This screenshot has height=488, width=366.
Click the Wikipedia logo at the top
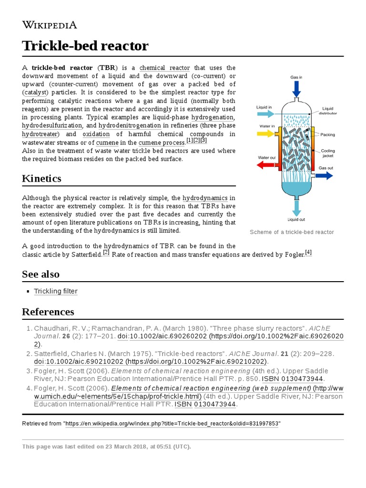50,25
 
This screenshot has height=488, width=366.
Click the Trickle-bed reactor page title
85,46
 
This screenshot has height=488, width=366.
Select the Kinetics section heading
41,179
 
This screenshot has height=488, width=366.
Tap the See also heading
41,274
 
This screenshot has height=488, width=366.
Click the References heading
48,312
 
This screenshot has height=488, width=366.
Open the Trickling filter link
56,291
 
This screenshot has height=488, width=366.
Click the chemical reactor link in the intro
164,68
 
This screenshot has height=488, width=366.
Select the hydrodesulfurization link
52,125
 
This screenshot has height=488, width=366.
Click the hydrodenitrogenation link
130,125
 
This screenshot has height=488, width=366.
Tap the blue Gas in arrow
296,88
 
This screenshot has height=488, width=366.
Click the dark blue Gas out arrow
324,175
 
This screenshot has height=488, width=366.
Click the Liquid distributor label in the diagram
329,111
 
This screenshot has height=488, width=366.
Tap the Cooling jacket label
327,153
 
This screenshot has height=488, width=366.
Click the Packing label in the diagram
327,135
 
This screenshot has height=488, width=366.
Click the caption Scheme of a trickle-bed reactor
292,232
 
